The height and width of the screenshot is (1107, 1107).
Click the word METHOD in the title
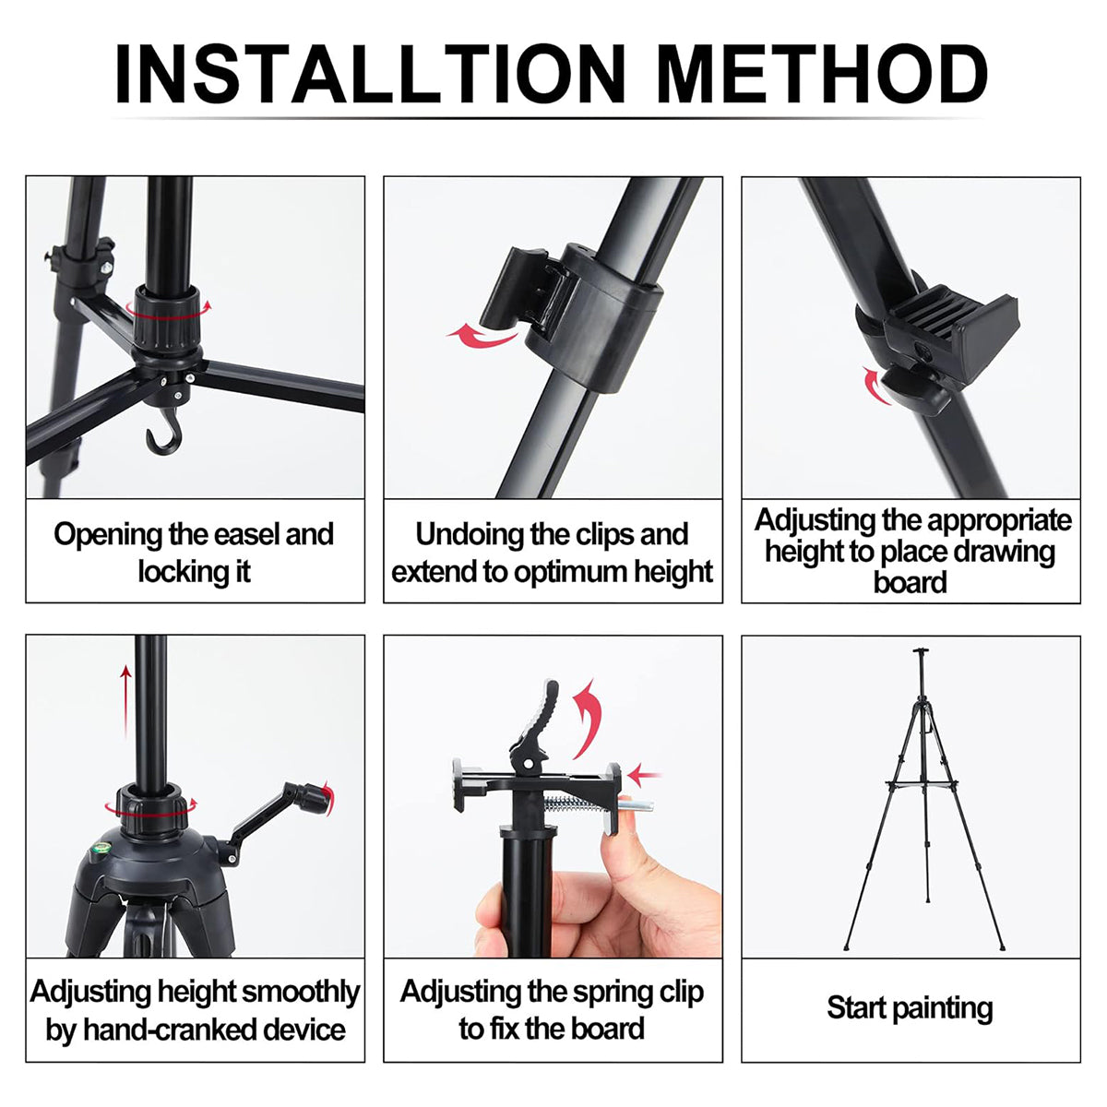[x=821, y=74]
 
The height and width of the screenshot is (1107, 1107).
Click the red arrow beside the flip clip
[x=482, y=334]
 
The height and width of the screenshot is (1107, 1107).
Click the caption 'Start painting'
[x=910, y=1007]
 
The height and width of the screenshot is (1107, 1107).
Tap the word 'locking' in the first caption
[x=180, y=572]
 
